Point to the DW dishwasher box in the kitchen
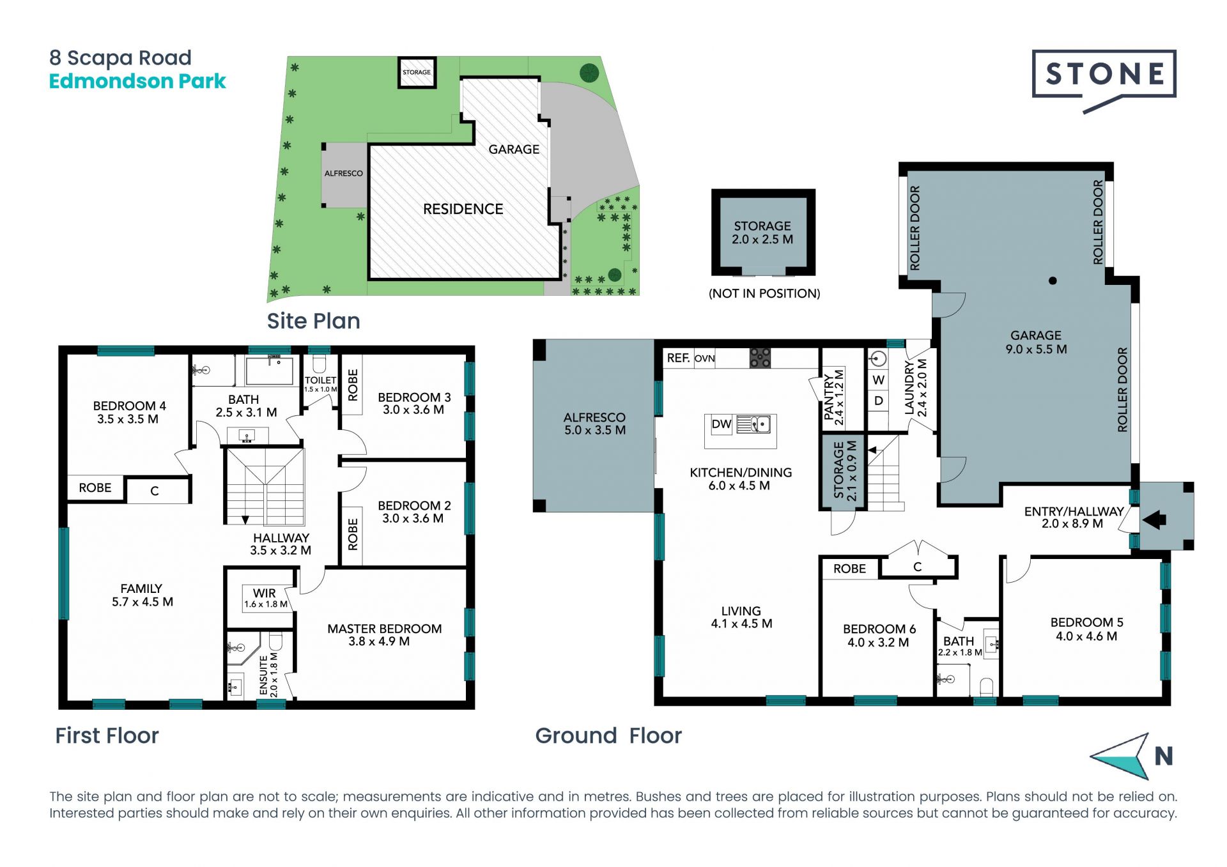click(722, 424)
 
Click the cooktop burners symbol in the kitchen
click(760, 358)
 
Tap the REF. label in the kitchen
click(678, 358)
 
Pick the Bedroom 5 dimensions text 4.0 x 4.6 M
click(1086, 636)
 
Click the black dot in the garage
click(1053, 280)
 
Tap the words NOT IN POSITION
click(764, 294)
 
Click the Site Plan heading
click(313, 321)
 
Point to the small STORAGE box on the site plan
click(417, 72)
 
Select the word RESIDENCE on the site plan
click(463, 209)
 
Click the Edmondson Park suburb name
click(137, 81)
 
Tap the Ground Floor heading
click(608, 735)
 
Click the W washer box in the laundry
click(879, 380)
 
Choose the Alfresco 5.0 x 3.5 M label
click(594, 424)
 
